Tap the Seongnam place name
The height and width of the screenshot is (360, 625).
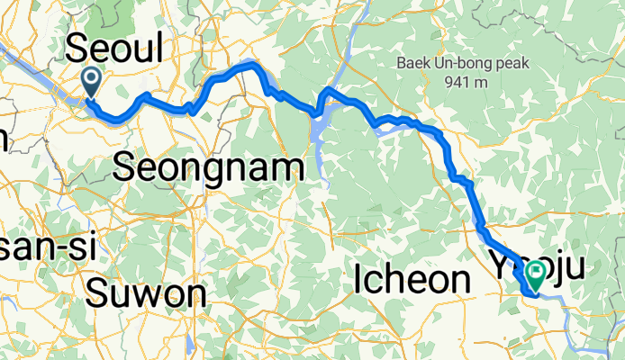209,166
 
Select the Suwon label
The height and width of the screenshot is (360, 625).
147,292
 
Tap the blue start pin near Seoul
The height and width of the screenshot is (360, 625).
93,82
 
